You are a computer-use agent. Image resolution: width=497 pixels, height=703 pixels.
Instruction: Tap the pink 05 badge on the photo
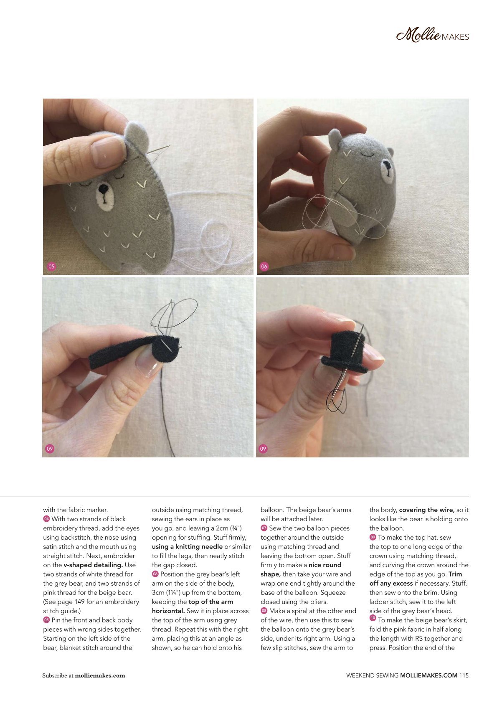(x=51, y=266)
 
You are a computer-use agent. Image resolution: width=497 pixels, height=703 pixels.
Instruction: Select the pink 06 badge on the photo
(x=264, y=266)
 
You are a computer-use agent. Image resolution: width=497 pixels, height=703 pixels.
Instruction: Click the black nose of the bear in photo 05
(x=103, y=189)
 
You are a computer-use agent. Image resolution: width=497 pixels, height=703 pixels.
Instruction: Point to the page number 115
(x=464, y=675)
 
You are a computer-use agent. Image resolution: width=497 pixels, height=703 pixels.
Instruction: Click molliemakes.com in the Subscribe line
(x=100, y=675)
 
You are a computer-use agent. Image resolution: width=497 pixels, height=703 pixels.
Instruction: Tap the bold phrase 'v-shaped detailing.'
(x=93, y=565)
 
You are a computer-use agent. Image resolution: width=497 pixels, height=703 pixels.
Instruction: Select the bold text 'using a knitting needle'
(x=187, y=546)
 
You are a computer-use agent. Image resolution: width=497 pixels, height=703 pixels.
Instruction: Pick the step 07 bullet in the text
(x=264, y=528)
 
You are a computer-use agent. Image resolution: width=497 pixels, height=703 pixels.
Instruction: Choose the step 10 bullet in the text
(x=373, y=618)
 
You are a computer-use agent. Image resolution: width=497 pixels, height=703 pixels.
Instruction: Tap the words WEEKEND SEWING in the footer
(x=372, y=675)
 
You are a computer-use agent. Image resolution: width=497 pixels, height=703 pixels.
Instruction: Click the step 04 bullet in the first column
(x=46, y=519)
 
